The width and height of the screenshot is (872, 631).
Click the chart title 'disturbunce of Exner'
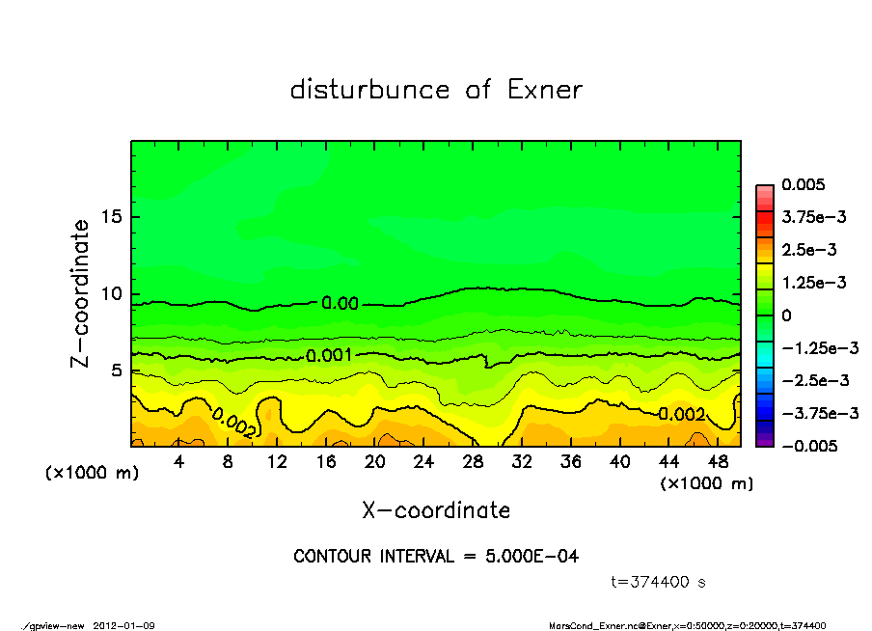(x=436, y=90)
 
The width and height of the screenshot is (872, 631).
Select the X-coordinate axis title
(x=436, y=510)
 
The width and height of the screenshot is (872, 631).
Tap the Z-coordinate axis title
(x=80, y=293)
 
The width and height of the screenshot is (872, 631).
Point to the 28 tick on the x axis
(x=473, y=461)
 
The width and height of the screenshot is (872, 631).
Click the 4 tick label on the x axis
(x=179, y=461)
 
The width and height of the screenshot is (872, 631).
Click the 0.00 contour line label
(x=340, y=303)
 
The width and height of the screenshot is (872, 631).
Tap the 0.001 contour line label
(x=330, y=356)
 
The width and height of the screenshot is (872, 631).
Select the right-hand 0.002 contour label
(x=681, y=414)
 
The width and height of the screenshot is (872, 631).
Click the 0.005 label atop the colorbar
(x=804, y=184)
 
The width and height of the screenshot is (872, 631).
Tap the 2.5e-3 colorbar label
(x=808, y=250)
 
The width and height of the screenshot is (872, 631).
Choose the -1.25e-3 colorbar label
(x=812, y=347)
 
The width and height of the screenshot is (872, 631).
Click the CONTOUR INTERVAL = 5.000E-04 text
(x=436, y=557)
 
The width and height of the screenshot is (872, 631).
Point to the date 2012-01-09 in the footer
(x=124, y=625)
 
